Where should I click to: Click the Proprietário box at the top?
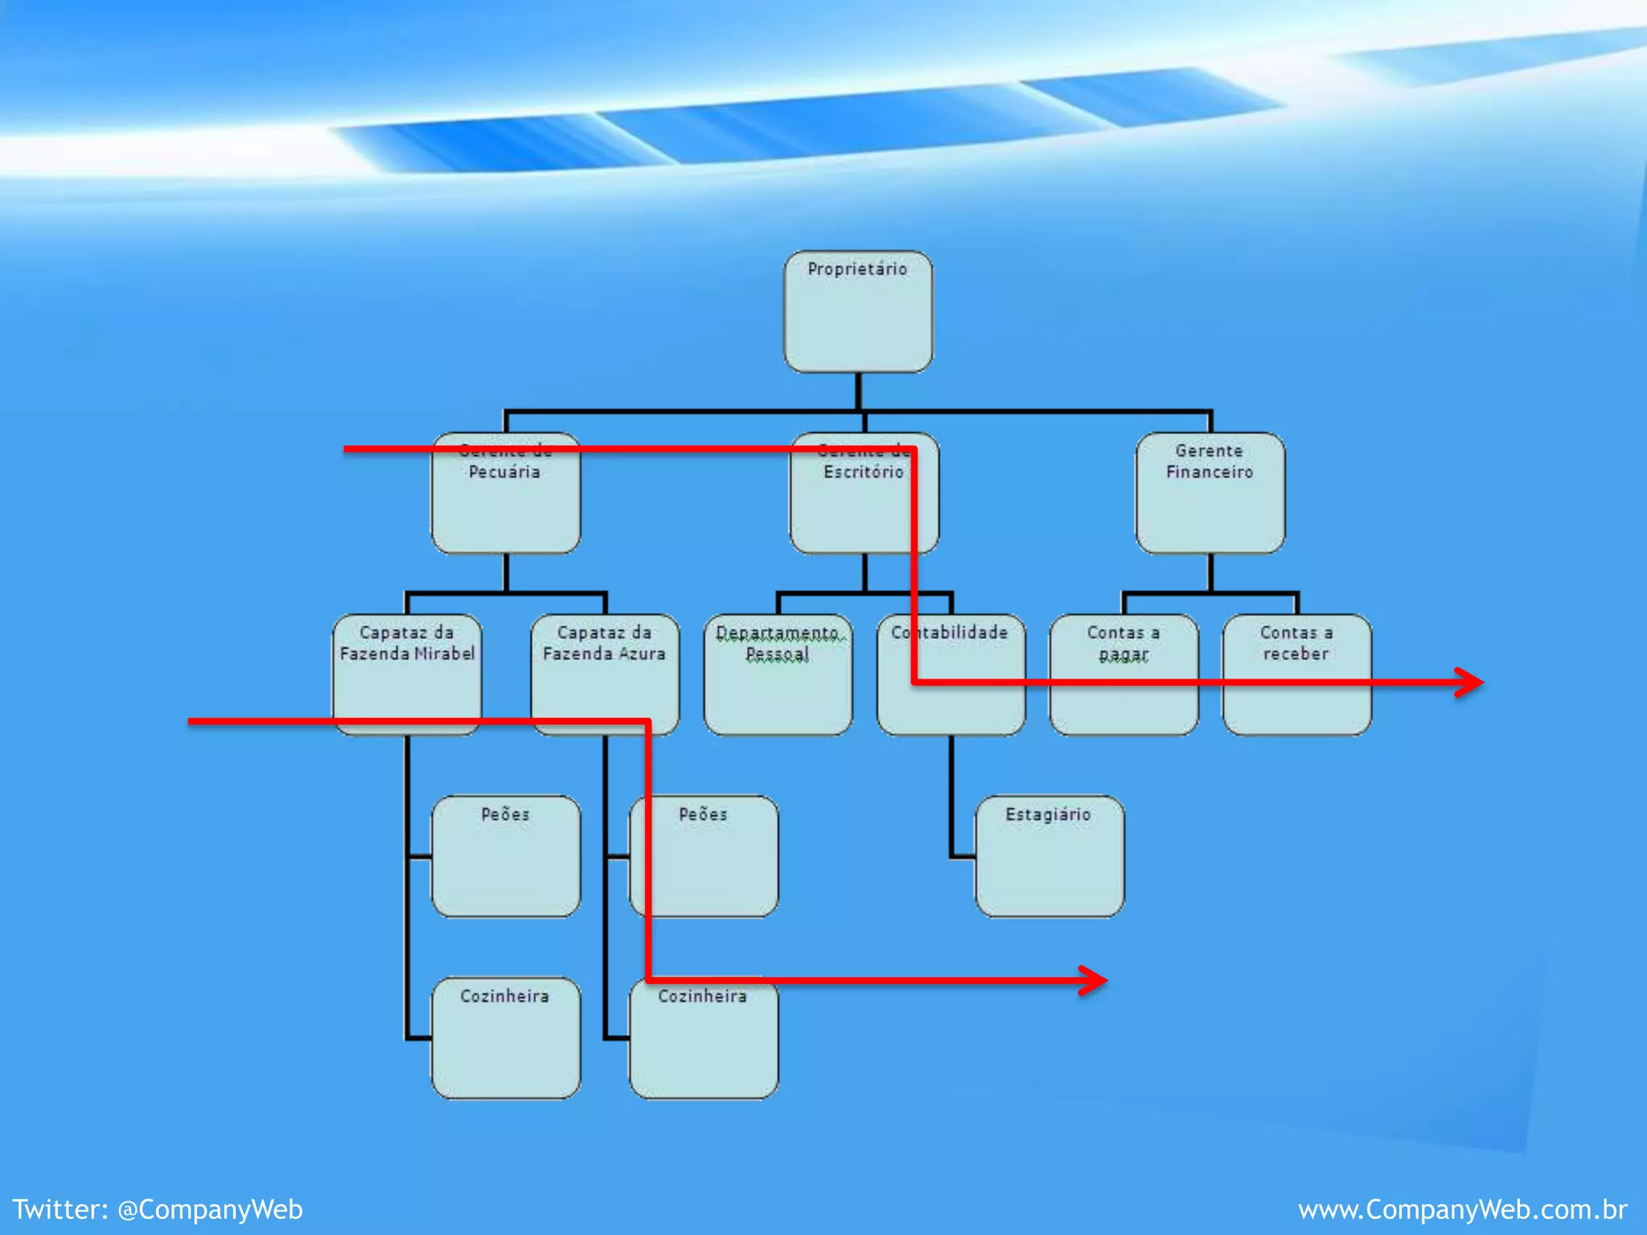click(x=858, y=312)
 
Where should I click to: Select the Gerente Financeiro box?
click(x=1210, y=493)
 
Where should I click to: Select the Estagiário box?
click(x=1049, y=855)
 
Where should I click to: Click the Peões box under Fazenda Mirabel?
click(x=505, y=855)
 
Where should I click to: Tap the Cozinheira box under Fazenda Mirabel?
click(x=505, y=1037)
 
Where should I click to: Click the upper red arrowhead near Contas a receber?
click(x=1472, y=683)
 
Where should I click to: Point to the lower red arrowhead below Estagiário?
click(x=1095, y=980)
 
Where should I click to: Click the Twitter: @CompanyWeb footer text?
click(x=158, y=1209)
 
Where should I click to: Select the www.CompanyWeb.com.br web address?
click(x=1462, y=1209)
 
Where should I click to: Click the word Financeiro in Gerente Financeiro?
click(x=1210, y=472)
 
